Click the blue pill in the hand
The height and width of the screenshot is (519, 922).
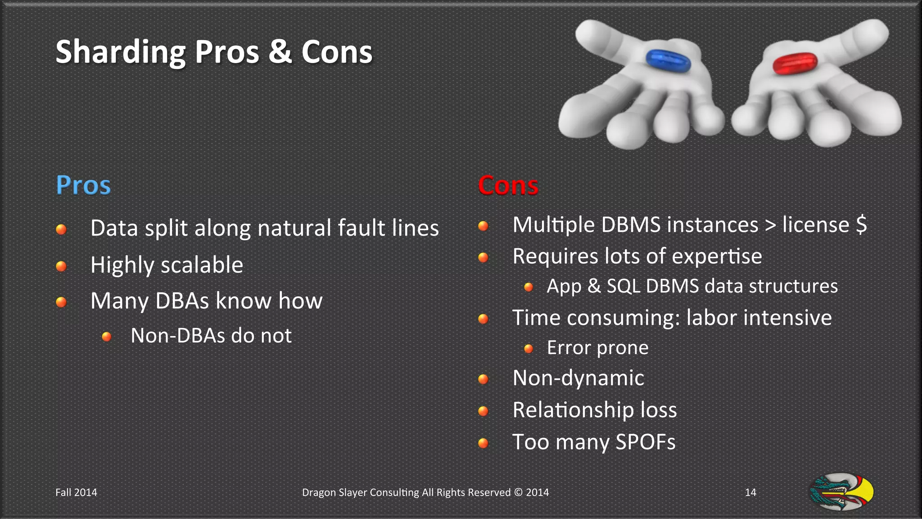click(668, 60)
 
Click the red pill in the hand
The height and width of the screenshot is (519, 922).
click(795, 63)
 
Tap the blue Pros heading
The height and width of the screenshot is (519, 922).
click(83, 185)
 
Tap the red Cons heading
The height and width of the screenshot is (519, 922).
click(508, 185)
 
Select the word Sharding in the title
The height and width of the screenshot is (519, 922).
click(120, 52)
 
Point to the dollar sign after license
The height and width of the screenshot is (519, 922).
click(861, 224)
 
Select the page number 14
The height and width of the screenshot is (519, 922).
click(750, 492)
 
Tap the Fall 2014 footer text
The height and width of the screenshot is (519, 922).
click(76, 492)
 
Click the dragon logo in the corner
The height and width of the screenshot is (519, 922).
click(841, 492)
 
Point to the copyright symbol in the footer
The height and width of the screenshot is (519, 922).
click(518, 492)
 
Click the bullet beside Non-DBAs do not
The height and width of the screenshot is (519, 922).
click(107, 337)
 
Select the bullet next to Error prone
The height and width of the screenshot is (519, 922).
click(529, 349)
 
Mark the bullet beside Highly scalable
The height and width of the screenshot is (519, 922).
click(61, 266)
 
